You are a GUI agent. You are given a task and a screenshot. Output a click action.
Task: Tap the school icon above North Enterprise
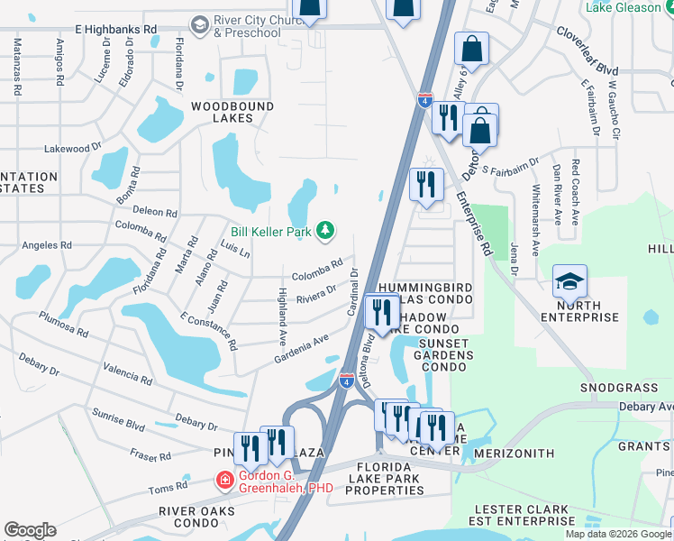click(570, 282)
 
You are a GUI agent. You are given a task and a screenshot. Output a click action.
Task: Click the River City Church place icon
click(199, 23)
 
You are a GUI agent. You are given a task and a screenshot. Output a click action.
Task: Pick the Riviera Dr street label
click(316, 291)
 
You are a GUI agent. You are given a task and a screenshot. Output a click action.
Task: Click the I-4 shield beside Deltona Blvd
click(347, 381)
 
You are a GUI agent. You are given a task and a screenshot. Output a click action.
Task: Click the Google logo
click(30, 530)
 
